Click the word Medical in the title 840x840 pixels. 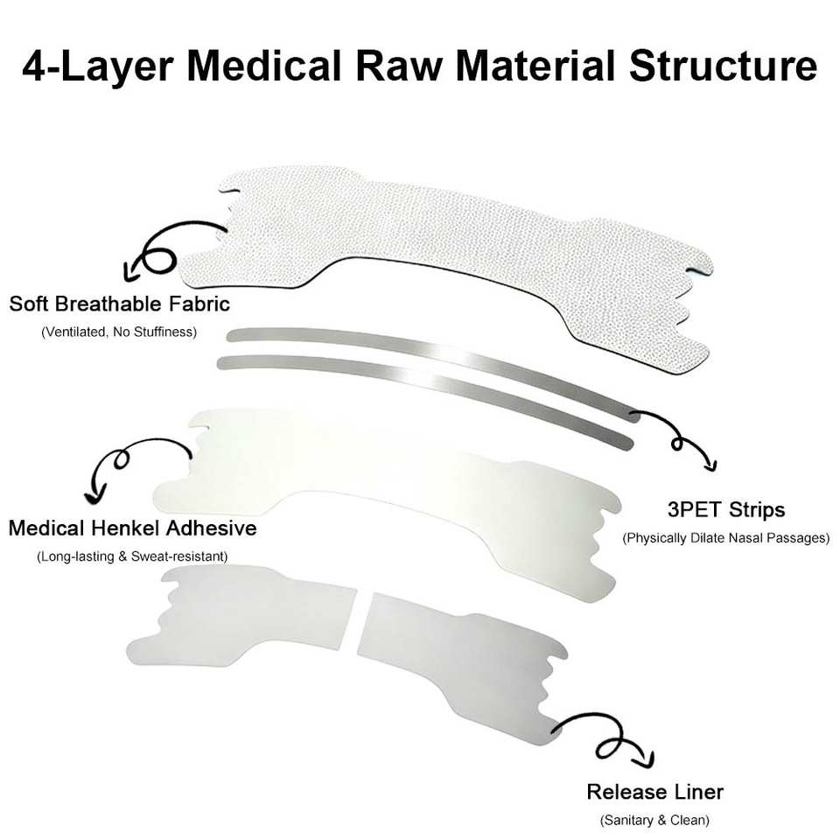coord(264,66)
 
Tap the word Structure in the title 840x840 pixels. coord(723,66)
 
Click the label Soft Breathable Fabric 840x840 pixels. coord(120,304)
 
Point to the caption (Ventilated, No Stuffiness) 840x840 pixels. coord(119,332)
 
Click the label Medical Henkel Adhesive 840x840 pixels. coord(132,528)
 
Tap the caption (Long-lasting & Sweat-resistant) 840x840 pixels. coord(132,556)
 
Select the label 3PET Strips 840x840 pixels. coord(726,509)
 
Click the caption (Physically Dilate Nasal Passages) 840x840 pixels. coord(726,538)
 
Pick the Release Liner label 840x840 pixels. coord(654,792)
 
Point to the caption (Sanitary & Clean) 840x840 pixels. coord(654,820)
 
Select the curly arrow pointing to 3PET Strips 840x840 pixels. coord(676,440)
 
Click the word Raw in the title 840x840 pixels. coord(399,66)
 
